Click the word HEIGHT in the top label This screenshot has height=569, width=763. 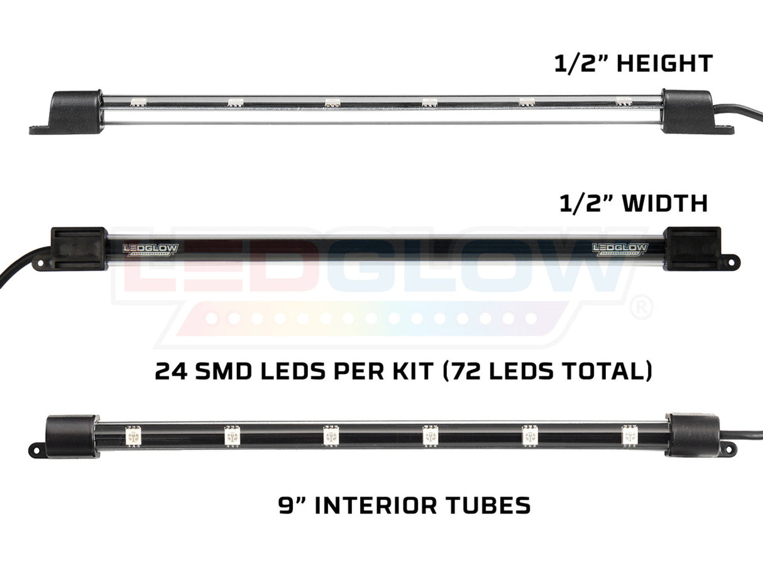pyautogui.click(x=664, y=63)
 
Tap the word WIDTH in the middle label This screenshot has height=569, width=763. pyautogui.click(x=666, y=203)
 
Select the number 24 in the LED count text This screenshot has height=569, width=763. pyautogui.click(x=171, y=371)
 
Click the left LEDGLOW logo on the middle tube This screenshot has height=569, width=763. pyautogui.click(x=151, y=249)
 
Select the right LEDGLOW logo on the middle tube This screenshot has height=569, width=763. pyautogui.click(x=620, y=249)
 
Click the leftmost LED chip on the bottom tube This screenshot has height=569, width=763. pyautogui.click(x=133, y=436)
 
